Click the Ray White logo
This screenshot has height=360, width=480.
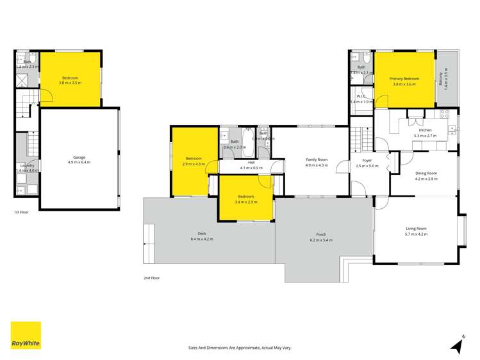26,336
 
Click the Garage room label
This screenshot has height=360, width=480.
79,158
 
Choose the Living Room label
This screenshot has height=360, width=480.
416,229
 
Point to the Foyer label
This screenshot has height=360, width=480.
367,161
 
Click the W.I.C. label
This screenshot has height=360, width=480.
361,97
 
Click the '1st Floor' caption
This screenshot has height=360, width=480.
21,211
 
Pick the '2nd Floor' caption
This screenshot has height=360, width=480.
151,278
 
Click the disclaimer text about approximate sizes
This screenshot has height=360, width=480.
240,347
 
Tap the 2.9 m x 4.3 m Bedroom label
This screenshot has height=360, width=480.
194,158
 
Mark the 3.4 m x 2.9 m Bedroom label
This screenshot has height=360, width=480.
246,197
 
